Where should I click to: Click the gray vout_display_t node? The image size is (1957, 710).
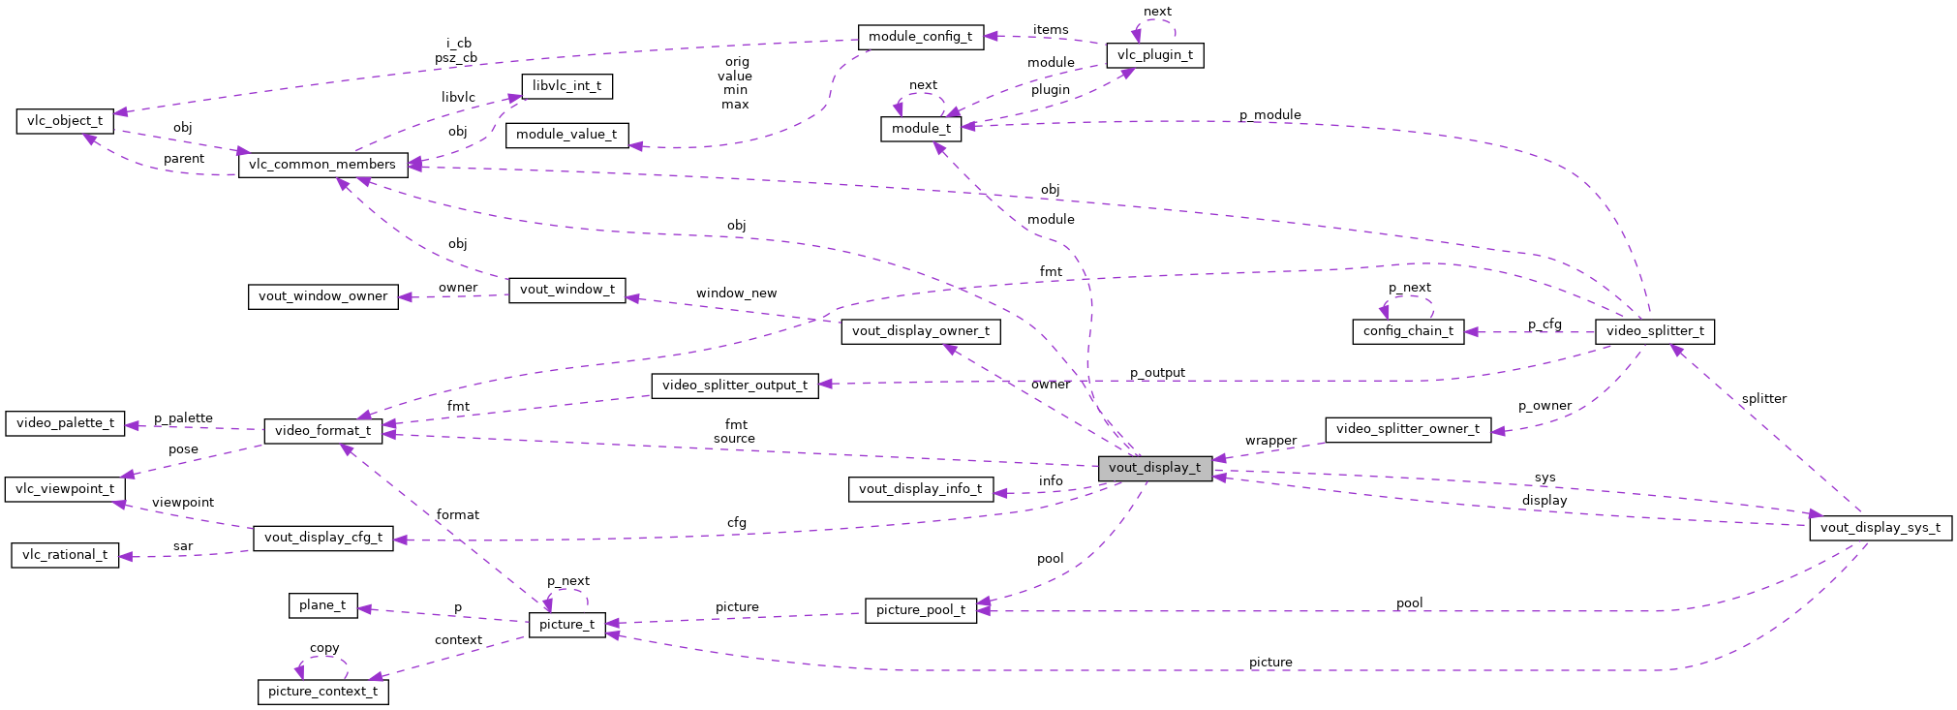pyautogui.click(x=1154, y=468)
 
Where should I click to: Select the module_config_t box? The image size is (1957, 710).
pyautogui.click(x=920, y=37)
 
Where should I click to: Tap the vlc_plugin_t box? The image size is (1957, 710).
pyautogui.click(x=1155, y=55)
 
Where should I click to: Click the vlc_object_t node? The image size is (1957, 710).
pyautogui.click(x=65, y=121)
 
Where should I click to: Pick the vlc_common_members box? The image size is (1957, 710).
pyautogui.click(x=322, y=165)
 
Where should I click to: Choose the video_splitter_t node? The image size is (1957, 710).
pyautogui.click(x=1655, y=331)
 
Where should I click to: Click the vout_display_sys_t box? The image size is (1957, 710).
pyautogui.click(x=1880, y=528)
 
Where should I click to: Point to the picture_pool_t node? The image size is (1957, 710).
pyautogui.click(x=920, y=610)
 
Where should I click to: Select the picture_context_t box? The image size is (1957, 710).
pyautogui.click(x=322, y=692)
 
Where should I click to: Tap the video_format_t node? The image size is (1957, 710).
pyautogui.click(x=322, y=431)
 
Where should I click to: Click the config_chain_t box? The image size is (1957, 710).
pyautogui.click(x=1408, y=331)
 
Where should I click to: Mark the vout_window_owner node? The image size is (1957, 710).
pyautogui.click(x=322, y=296)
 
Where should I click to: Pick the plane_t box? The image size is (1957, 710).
pyautogui.click(x=322, y=605)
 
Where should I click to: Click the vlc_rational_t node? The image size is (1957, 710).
pyautogui.click(x=65, y=555)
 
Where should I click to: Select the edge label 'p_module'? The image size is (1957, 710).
pyautogui.click(x=1269, y=115)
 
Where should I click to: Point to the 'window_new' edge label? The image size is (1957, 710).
pyautogui.click(x=736, y=293)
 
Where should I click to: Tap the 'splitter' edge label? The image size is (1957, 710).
pyautogui.click(x=1763, y=399)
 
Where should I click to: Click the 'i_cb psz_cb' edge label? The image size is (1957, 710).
pyautogui.click(x=457, y=50)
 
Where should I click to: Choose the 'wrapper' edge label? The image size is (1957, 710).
pyautogui.click(x=1270, y=441)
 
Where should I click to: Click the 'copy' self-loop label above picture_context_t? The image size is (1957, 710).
pyautogui.click(x=324, y=648)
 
